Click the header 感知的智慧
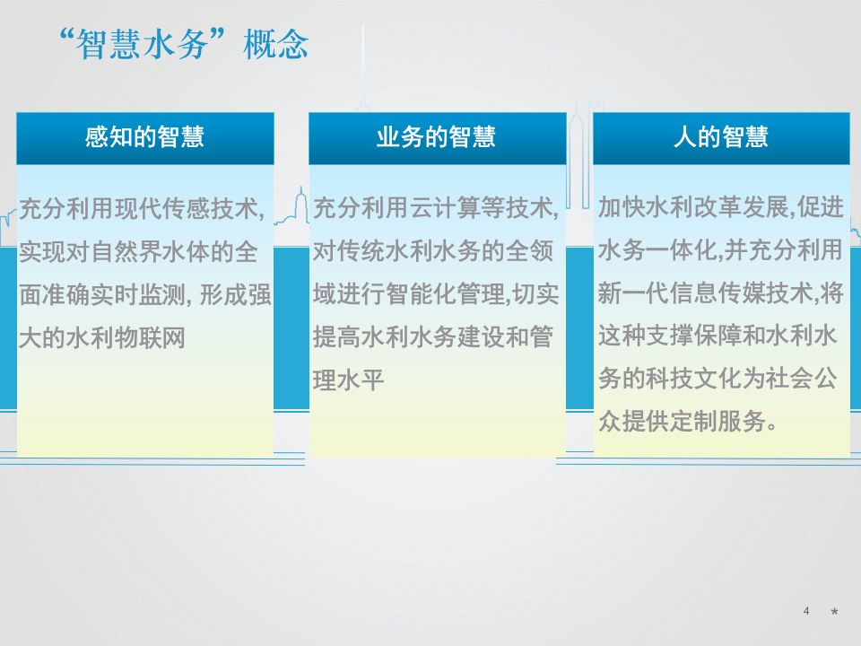coord(144,137)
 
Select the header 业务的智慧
coord(436,137)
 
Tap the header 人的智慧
coord(721,137)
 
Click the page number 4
coord(806,611)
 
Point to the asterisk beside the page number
coord(834,613)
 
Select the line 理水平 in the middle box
coord(348,380)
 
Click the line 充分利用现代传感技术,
coord(143,210)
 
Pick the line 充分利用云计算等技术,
coord(436,210)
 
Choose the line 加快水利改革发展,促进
coord(721,208)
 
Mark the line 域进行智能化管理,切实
coord(436,294)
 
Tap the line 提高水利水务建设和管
coord(434,337)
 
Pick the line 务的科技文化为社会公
coord(718,379)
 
